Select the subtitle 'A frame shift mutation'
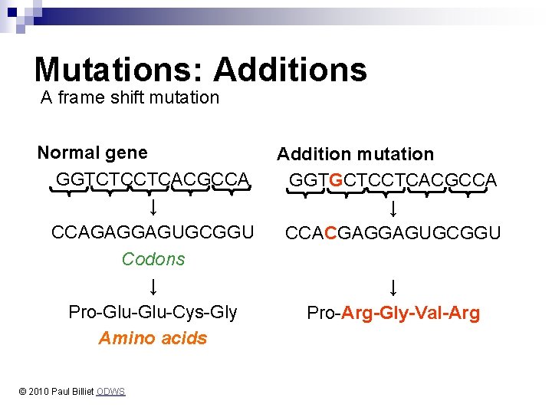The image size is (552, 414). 130,97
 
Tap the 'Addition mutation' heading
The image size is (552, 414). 355,154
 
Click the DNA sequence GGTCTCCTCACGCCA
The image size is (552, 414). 153,179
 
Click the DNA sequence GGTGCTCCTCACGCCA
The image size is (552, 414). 393,180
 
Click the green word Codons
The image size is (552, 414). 153,259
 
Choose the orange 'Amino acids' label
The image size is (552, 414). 153,338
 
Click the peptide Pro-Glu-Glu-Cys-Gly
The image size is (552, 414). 153,312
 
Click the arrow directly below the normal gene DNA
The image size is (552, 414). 153,207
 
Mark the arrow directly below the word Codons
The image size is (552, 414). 153,287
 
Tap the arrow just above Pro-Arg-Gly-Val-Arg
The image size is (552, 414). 393,287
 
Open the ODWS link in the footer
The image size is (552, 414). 111,392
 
